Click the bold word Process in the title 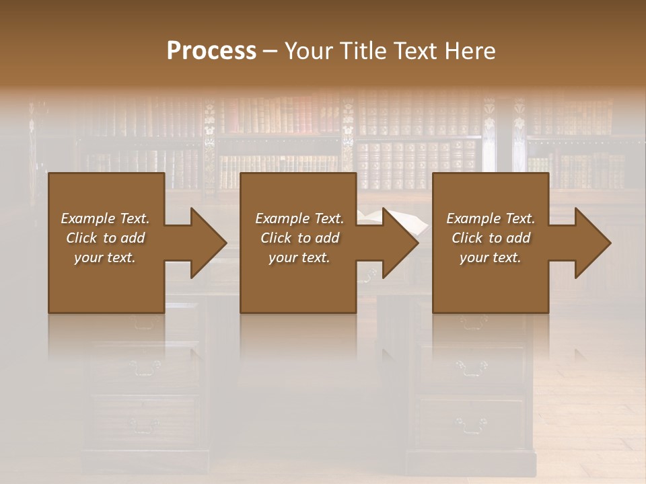[211, 51]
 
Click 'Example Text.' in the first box [105, 218]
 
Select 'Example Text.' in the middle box [299, 218]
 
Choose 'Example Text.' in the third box [491, 218]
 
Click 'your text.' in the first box [105, 257]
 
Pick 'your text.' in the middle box [299, 257]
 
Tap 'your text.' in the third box [491, 257]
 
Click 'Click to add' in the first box [105, 238]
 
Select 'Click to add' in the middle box [299, 238]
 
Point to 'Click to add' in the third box [491, 238]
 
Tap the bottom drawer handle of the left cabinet [145, 424]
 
